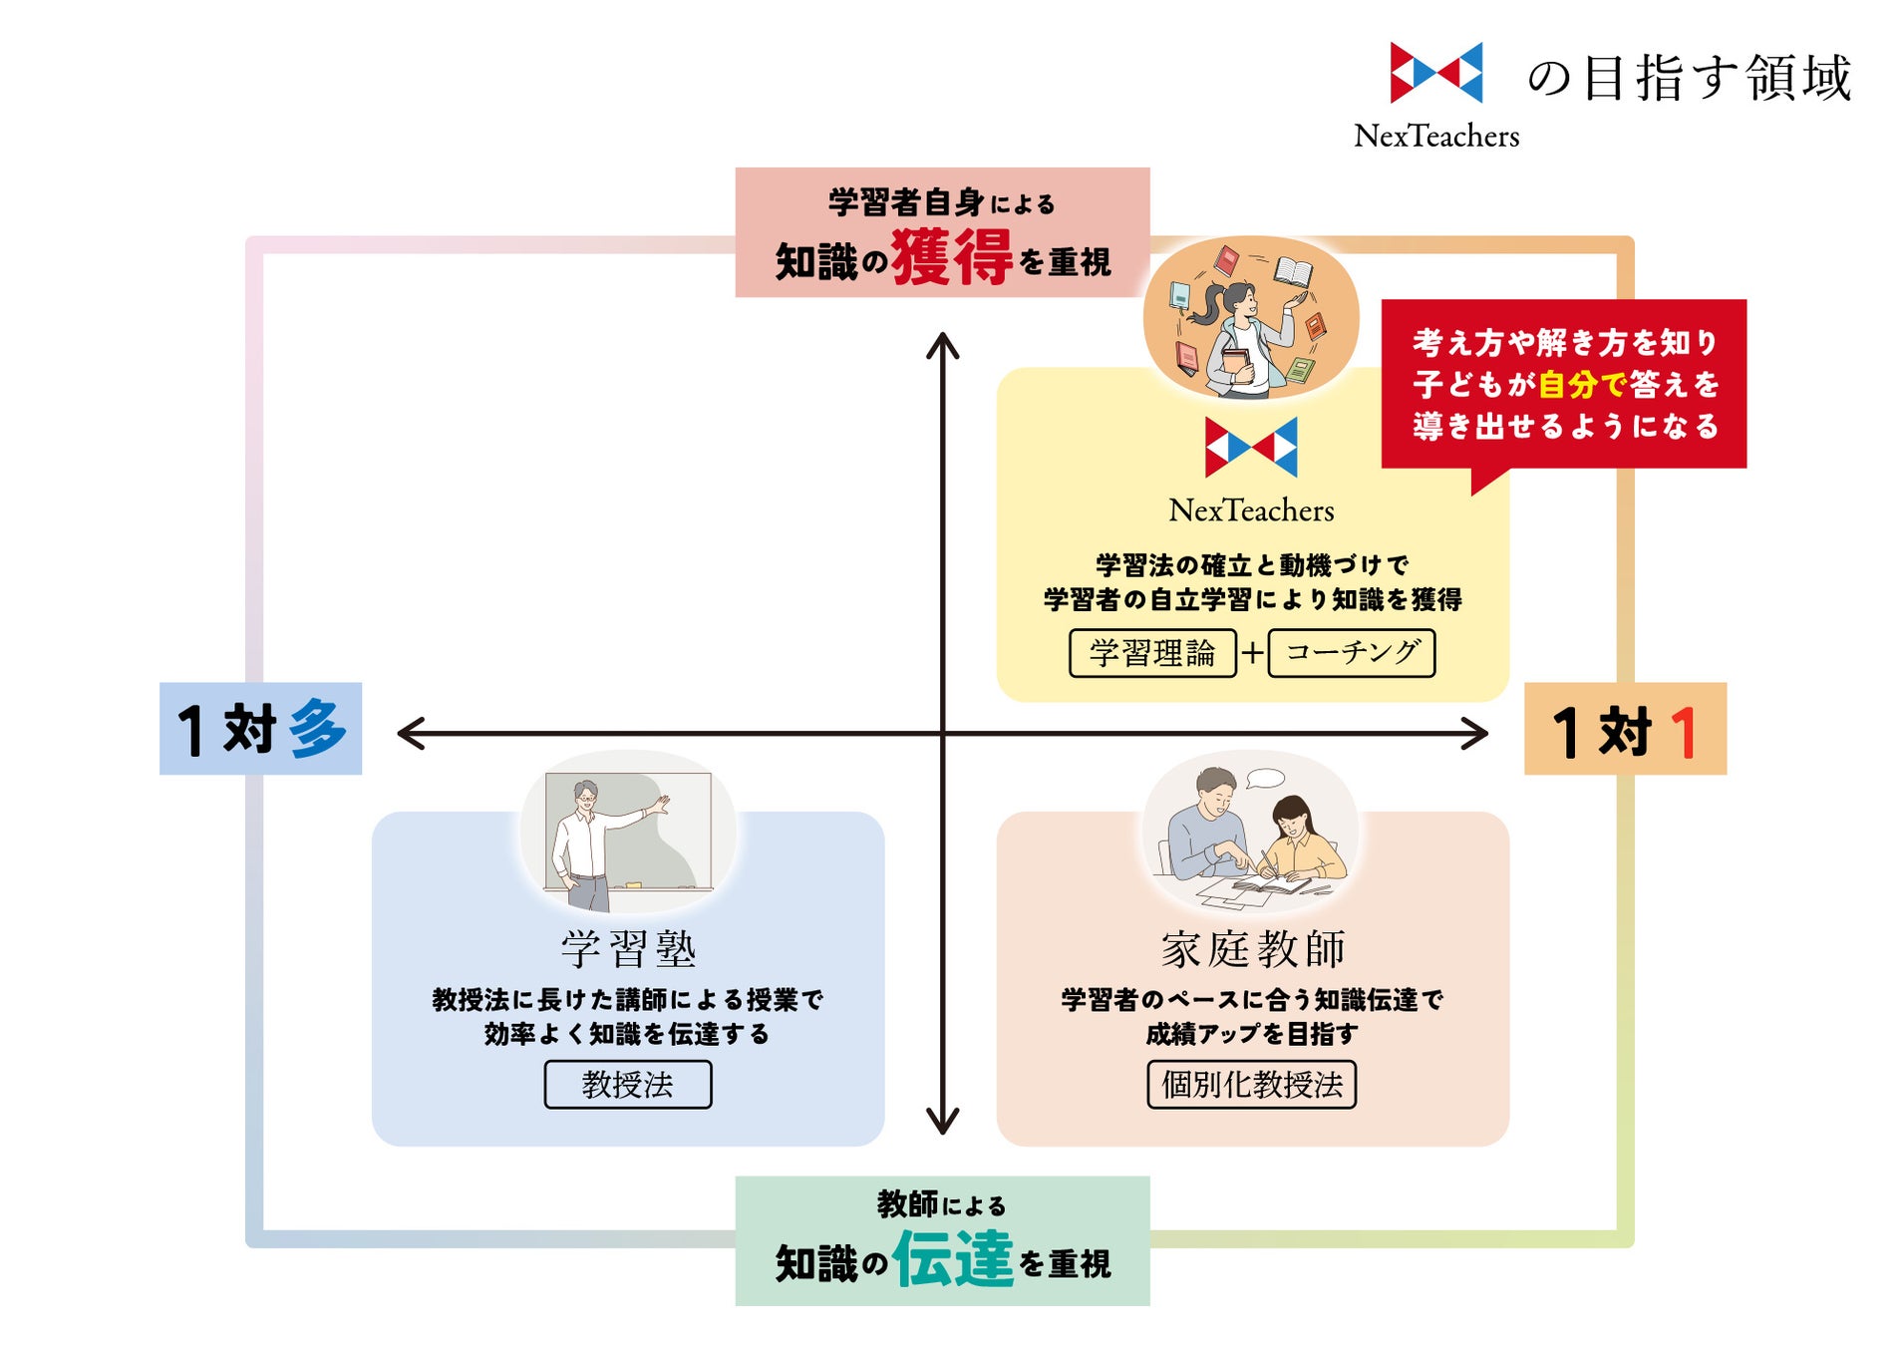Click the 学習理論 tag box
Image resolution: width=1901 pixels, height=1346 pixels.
(x=1151, y=653)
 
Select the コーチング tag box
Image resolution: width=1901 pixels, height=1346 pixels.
(x=1351, y=653)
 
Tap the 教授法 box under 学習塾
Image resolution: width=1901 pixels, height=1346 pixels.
(x=627, y=1084)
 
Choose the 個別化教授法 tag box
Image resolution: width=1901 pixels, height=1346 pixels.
(x=1251, y=1084)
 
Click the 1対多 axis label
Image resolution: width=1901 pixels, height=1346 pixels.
(x=260, y=729)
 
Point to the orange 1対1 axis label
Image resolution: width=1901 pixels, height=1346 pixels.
(x=1625, y=729)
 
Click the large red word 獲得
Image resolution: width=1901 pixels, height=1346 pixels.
(x=951, y=257)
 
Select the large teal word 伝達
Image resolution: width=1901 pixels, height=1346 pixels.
(x=953, y=1258)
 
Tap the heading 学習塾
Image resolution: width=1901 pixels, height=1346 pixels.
(x=628, y=948)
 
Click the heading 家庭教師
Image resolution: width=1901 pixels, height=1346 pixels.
(x=1253, y=948)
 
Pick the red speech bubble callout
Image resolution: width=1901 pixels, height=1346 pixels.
(x=1563, y=384)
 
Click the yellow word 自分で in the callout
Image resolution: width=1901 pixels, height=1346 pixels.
(x=1582, y=384)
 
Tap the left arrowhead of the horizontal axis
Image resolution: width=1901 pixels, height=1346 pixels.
(x=410, y=734)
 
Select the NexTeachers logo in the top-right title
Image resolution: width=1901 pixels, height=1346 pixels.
(x=1435, y=73)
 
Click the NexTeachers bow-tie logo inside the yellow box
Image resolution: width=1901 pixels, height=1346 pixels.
(x=1251, y=447)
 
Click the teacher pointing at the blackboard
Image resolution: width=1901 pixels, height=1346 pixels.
(x=598, y=838)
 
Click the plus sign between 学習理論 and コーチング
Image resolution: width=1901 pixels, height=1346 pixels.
(x=1252, y=653)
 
